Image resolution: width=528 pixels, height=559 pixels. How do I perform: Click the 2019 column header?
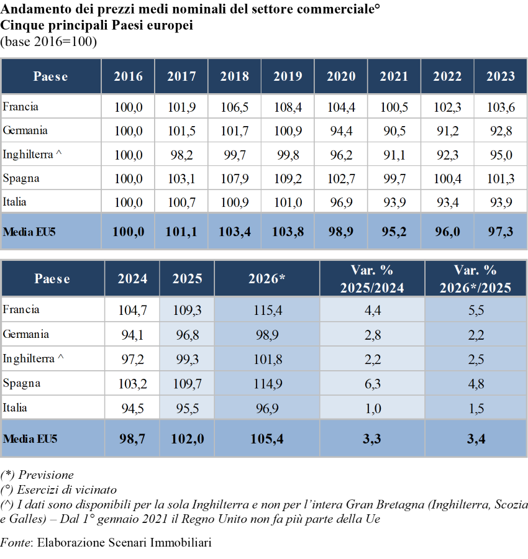pyautogui.click(x=288, y=76)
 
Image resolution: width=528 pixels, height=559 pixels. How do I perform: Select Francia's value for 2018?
pyautogui.click(x=235, y=107)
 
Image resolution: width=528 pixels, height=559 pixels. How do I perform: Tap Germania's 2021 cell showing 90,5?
pyautogui.click(x=394, y=130)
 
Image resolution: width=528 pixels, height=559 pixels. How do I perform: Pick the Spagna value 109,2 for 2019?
pyautogui.click(x=288, y=178)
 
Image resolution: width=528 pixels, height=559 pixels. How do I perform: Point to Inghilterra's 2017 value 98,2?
pyautogui.click(x=181, y=155)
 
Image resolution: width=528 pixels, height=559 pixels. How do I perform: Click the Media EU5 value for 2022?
pyautogui.click(x=447, y=232)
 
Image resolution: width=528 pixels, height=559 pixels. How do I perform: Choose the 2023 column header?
pyautogui.click(x=501, y=76)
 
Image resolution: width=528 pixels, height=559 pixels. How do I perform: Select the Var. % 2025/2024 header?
pyautogui.click(x=372, y=278)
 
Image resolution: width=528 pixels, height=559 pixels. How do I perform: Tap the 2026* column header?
pyautogui.click(x=266, y=278)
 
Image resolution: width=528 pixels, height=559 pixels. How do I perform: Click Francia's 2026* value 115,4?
pyautogui.click(x=267, y=310)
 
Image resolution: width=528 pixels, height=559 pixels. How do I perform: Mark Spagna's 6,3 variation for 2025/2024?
pyautogui.click(x=373, y=384)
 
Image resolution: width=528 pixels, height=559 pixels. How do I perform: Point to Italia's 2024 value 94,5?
pyautogui.click(x=132, y=408)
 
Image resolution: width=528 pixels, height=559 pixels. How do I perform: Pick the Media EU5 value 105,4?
pyautogui.click(x=267, y=439)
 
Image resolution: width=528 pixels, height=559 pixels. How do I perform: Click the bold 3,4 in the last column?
pyautogui.click(x=476, y=439)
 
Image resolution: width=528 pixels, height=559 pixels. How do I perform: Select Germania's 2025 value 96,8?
pyautogui.click(x=187, y=335)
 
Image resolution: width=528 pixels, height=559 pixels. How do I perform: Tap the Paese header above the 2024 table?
pyautogui.click(x=52, y=278)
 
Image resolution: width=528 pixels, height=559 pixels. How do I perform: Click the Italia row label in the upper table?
pyautogui.click(x=15, y=202)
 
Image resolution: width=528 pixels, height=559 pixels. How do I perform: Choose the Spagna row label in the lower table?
pyautogui.click(x=21, y=383)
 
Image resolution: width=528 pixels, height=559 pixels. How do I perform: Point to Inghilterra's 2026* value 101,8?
pyautogui.click(x=267, y=359)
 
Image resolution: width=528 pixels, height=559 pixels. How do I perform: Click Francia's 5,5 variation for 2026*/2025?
pyautogui.click(x=476, y=310)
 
